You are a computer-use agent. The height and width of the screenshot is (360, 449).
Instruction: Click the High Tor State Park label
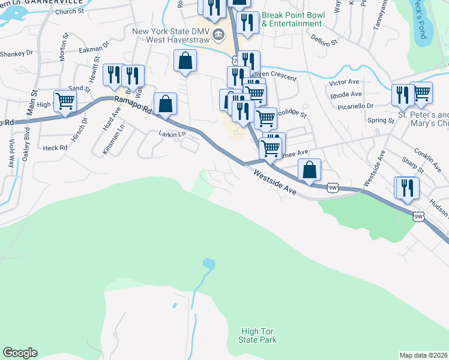[259, 335]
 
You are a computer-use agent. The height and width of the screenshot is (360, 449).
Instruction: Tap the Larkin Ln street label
[171, 134]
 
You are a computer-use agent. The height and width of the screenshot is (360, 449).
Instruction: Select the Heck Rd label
[55, 148]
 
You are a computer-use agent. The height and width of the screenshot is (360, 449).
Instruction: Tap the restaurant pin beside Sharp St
[406, 187]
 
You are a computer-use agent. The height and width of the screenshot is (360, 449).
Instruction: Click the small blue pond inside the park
[208, 263]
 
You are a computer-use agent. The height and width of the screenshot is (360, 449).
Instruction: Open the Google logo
[20, 353]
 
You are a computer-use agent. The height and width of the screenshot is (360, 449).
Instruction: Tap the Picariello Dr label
[352, 105]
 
